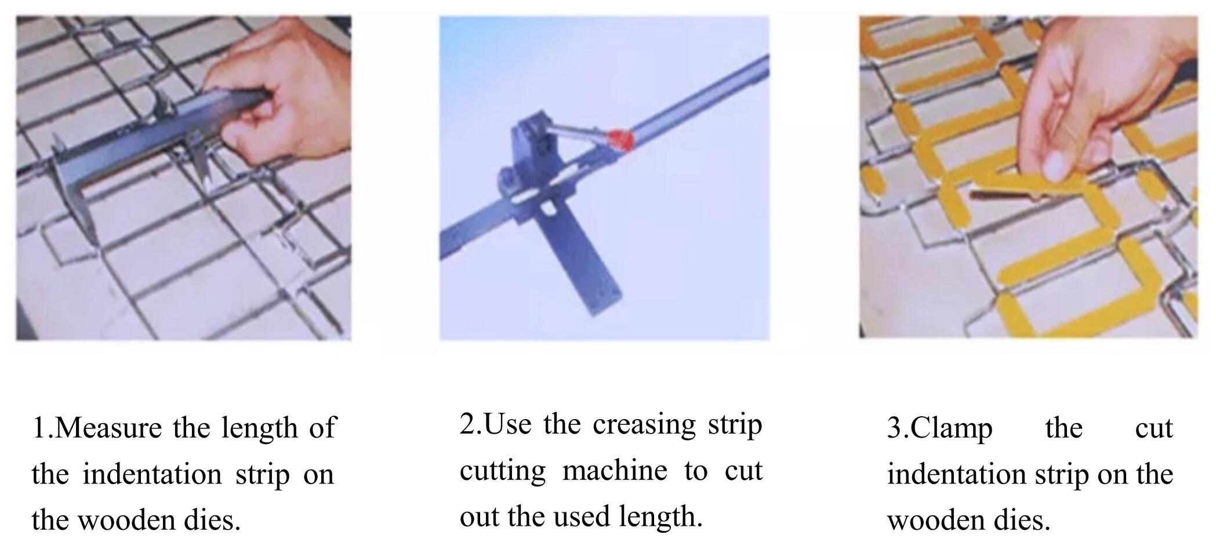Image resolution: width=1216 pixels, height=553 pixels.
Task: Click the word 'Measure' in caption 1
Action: click(108, 429)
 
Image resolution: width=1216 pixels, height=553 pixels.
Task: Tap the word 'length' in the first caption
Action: click(259, 429)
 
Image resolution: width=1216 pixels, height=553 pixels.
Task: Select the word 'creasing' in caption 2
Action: click(644, 424)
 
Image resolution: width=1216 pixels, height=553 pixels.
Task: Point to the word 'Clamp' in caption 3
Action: click(951, 429)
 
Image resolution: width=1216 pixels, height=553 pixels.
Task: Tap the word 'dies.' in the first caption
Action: click(212, 520)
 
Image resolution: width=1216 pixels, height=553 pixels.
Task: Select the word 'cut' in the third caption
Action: click(1153, 429)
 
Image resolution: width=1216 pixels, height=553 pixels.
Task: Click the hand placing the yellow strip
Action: click(1090, 99)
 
